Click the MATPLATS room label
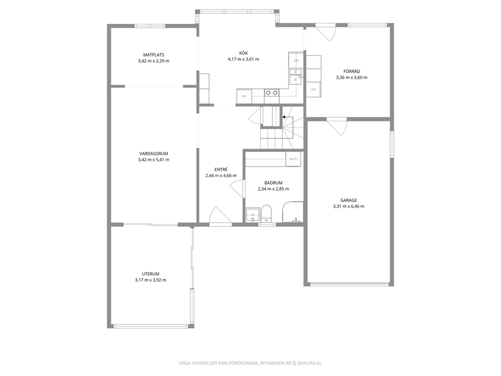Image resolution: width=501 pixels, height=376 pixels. tap(154, 55)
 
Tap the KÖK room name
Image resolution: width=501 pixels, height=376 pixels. tap(243, 53)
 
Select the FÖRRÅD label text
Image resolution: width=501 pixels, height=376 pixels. tap(352, 71)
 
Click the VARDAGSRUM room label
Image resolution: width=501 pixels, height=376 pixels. tap(154, 154)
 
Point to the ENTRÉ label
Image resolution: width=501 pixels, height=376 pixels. tap(221, 169)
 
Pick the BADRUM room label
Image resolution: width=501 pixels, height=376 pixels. tap(274, 183)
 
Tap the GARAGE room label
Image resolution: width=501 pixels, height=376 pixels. tap(348, 201)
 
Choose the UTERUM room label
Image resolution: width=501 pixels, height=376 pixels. tap(151, 274)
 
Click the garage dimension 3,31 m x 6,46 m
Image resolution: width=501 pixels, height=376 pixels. tap(348, 207)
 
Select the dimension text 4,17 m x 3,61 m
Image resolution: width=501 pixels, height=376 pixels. tap(243, 59)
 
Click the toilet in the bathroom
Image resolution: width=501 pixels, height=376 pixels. tap(266, 214)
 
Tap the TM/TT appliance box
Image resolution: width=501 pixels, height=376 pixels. tap(293, 159)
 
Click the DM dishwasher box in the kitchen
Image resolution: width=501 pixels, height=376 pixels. tap(296, 61)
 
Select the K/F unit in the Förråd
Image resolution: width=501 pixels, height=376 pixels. tap(314, 89)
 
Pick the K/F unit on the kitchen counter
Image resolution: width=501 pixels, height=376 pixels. tap(244, 96)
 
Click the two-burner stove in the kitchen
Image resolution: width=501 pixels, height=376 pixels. tap(272, 92)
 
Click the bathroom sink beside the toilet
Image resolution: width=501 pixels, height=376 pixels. tap(253, 215)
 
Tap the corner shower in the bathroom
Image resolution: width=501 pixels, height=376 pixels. tap(293, 212)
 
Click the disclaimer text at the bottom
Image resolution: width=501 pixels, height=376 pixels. tap(250, 363)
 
